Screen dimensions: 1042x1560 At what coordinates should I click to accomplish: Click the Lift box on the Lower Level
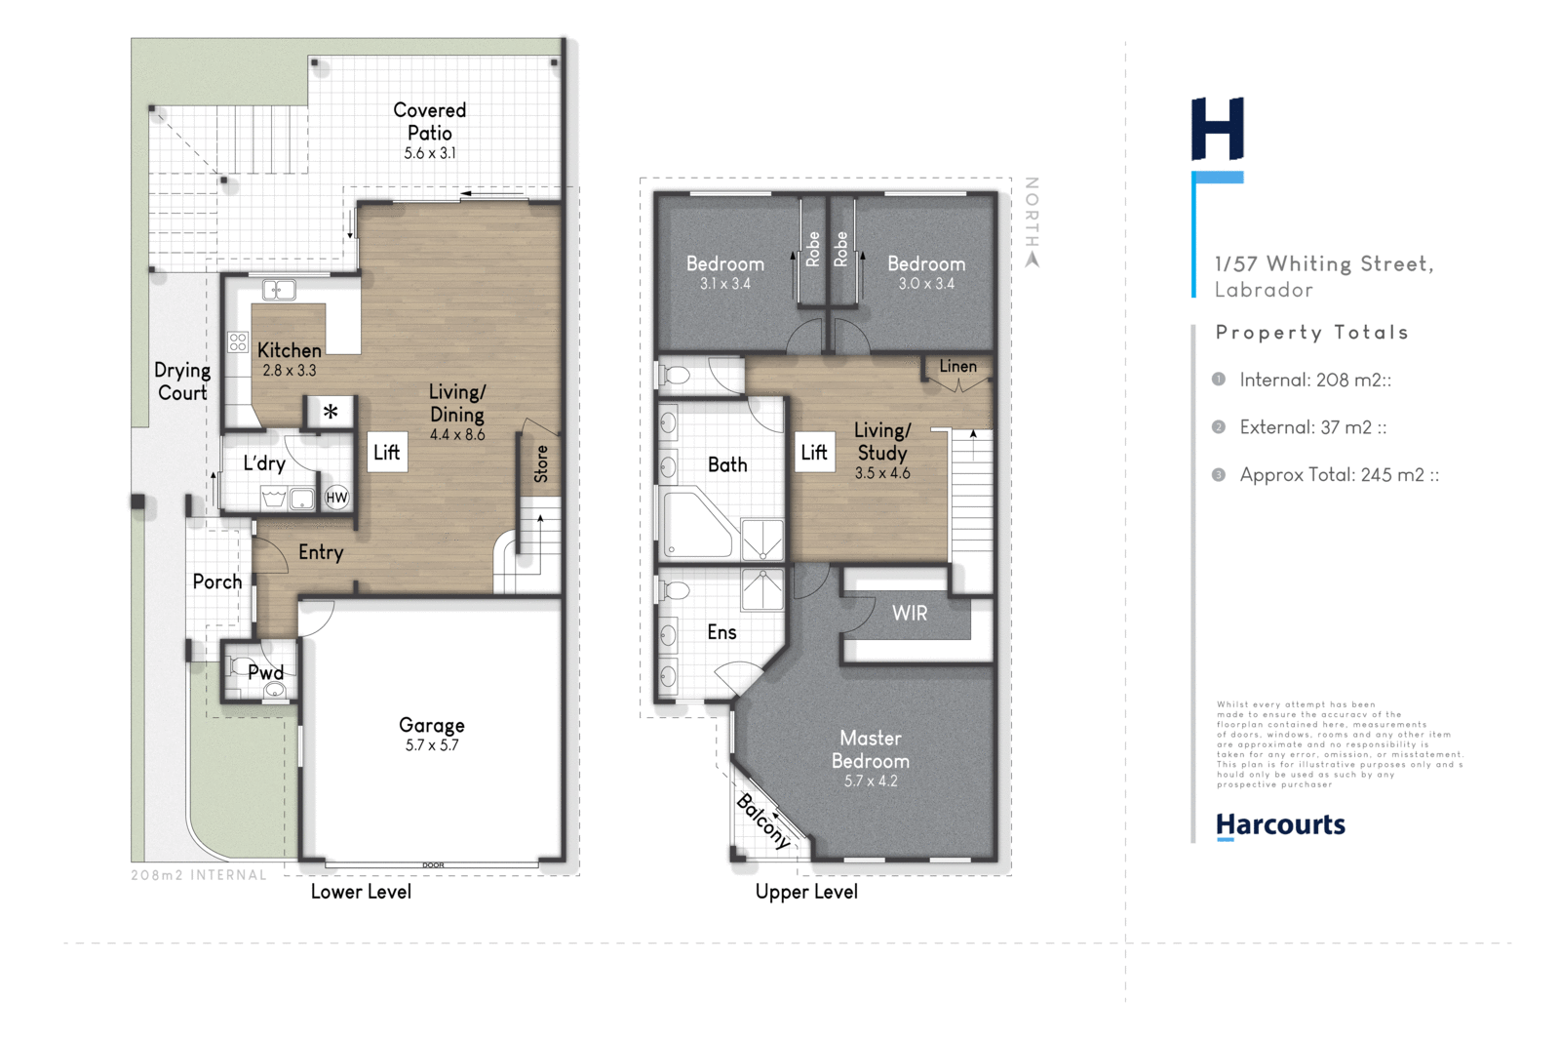387,452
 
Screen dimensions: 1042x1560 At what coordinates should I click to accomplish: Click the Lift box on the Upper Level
814,453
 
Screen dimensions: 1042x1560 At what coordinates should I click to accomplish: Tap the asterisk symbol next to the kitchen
331,412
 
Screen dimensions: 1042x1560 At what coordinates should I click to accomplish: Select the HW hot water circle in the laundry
336,498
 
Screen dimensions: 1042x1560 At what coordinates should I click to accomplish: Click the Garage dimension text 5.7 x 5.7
432,745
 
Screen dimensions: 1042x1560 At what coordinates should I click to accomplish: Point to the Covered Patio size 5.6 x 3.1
430,153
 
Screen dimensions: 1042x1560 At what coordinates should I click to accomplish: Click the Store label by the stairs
541,463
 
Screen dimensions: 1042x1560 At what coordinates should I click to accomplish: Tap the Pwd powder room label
265,672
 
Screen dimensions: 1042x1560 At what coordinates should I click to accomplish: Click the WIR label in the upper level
909,614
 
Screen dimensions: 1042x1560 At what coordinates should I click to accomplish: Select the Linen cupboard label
957,366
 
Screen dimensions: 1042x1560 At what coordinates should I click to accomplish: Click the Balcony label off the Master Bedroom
763,821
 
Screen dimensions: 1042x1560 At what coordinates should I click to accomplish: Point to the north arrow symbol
1033,260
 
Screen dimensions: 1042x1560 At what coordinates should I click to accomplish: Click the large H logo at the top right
1218,129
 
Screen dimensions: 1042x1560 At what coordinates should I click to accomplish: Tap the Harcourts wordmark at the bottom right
1280,825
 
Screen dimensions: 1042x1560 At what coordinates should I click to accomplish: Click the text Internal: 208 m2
1314,381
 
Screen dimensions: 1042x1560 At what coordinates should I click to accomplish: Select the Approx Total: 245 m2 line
1339,475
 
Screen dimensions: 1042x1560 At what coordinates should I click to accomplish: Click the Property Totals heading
1311,333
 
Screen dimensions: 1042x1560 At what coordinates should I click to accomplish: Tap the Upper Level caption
806,892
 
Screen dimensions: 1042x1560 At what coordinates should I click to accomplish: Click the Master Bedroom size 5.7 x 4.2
871,781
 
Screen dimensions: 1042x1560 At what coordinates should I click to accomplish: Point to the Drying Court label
182,381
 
